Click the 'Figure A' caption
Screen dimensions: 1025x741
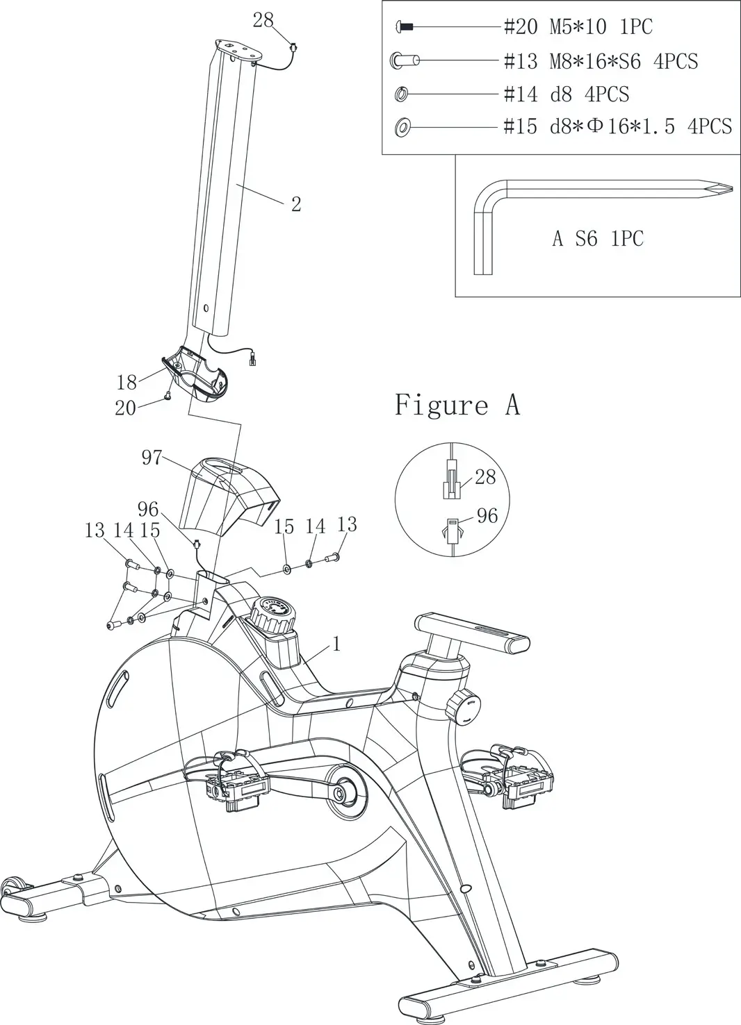point(457,405)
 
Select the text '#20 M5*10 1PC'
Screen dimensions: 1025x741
point(578,27)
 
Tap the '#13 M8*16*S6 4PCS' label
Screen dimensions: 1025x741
point(600,61)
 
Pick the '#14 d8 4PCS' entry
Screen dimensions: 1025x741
point(566,94)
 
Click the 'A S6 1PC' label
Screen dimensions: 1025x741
point(598,239)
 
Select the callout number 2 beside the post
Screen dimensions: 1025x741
point(296,204)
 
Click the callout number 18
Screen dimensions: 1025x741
point(127,382)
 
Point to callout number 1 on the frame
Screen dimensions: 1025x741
point(336,644)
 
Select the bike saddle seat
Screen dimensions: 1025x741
point(473,632)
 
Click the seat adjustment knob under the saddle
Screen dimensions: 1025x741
point(462,708)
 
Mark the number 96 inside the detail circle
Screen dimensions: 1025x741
point(487,515)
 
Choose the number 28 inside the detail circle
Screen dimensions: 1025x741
point(485,476)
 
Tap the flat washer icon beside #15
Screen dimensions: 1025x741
point(402,127)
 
